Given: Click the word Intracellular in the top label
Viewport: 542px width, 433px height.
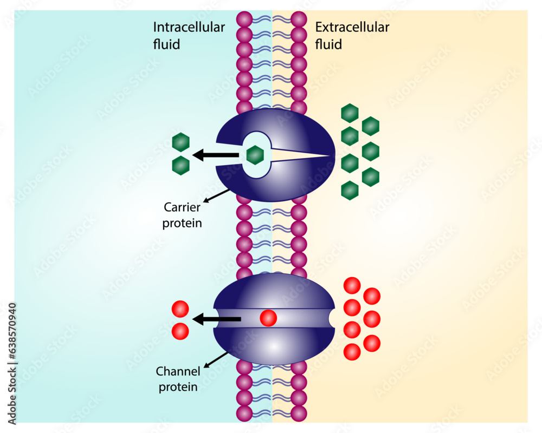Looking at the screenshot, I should [x=189, y=28].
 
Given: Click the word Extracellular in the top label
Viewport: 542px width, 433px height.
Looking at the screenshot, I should [x=352, y=28].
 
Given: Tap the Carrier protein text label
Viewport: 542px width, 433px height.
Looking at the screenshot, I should [x=182, y=214].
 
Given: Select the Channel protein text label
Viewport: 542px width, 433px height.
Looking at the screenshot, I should [x=178, y=379].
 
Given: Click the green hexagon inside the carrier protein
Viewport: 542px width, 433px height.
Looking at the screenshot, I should [x=255, y=155].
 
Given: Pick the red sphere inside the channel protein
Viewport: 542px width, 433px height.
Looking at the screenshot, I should [x=268, y=318].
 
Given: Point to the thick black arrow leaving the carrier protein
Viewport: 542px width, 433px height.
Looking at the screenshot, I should [x=216, y=155].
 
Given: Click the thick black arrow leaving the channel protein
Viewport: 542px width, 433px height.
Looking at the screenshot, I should [x=217, y=319].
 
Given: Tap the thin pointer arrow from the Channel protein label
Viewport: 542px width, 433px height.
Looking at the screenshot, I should [x=217, y=359].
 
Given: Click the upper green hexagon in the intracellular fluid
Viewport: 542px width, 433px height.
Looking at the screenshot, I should [x=180, y=142].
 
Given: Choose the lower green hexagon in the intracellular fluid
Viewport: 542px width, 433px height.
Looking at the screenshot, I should [x=180, y=165].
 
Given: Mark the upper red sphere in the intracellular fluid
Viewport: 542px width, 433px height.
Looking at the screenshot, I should [x=180, y=309].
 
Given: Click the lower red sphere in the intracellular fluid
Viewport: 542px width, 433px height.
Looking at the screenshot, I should [x=180, y=331].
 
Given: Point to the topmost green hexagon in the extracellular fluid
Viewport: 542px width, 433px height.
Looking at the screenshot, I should [x=350, y=113].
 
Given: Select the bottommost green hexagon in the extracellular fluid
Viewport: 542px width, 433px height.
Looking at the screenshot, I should [x=350, y=189].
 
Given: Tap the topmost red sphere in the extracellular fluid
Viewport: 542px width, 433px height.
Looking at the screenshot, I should [x=352, y=285].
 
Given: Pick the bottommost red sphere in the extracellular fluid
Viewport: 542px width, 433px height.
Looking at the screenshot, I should [x=352, y=352].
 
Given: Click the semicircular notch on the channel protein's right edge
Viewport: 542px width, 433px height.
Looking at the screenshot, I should [x=332, y=319].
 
